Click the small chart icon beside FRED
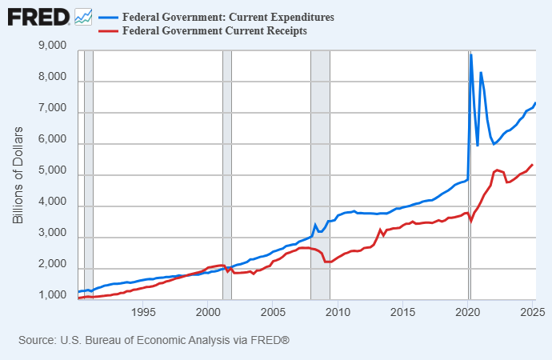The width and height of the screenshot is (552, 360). (x=83, y=16)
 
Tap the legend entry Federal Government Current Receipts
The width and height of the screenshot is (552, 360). (x=214, y=31)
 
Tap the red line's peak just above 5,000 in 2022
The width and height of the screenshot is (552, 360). (x=498, y=170)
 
